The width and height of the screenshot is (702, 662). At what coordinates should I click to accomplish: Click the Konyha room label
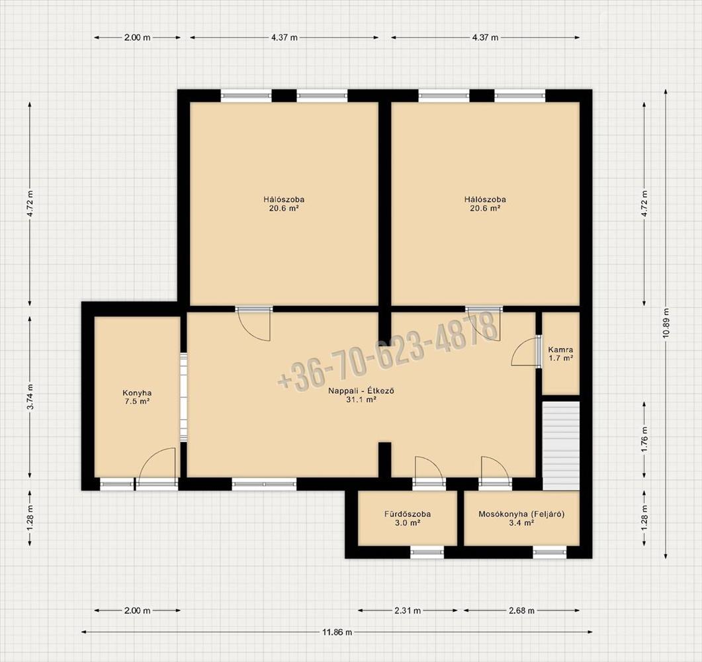click(137, 397)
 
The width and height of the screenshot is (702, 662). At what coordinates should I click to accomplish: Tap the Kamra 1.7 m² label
click(560, 354)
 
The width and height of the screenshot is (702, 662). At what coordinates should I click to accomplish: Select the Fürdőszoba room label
click(408, 518)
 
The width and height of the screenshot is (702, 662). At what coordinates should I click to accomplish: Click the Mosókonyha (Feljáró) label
click(521, 518)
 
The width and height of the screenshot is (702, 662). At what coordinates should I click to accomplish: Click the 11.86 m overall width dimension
click(337, 632)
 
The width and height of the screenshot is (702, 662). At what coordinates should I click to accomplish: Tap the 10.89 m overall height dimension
click(666, 324)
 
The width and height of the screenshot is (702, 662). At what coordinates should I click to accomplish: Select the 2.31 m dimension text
click(408, 610)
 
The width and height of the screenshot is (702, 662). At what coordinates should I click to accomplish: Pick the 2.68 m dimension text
click(521, 610)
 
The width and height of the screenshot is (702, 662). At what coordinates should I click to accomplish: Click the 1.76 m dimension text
click(644, 440)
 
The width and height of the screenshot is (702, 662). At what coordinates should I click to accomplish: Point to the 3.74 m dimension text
click(30, 397)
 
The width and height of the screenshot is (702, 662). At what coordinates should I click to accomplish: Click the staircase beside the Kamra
click(561, 446)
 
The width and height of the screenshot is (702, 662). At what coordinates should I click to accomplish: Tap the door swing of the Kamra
click(525, 352)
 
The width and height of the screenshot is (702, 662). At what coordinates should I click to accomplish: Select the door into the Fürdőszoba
click(429, 470)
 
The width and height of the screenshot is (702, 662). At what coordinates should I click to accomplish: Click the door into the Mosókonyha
click(495, 470)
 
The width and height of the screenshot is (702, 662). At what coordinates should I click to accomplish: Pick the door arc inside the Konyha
click(157, 464)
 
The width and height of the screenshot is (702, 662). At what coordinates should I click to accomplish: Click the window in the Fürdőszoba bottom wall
click(427, 552)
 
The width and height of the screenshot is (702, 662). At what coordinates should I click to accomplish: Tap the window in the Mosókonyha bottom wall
click(550, 552)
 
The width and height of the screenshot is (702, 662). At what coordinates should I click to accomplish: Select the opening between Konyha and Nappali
click(183, 397)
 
